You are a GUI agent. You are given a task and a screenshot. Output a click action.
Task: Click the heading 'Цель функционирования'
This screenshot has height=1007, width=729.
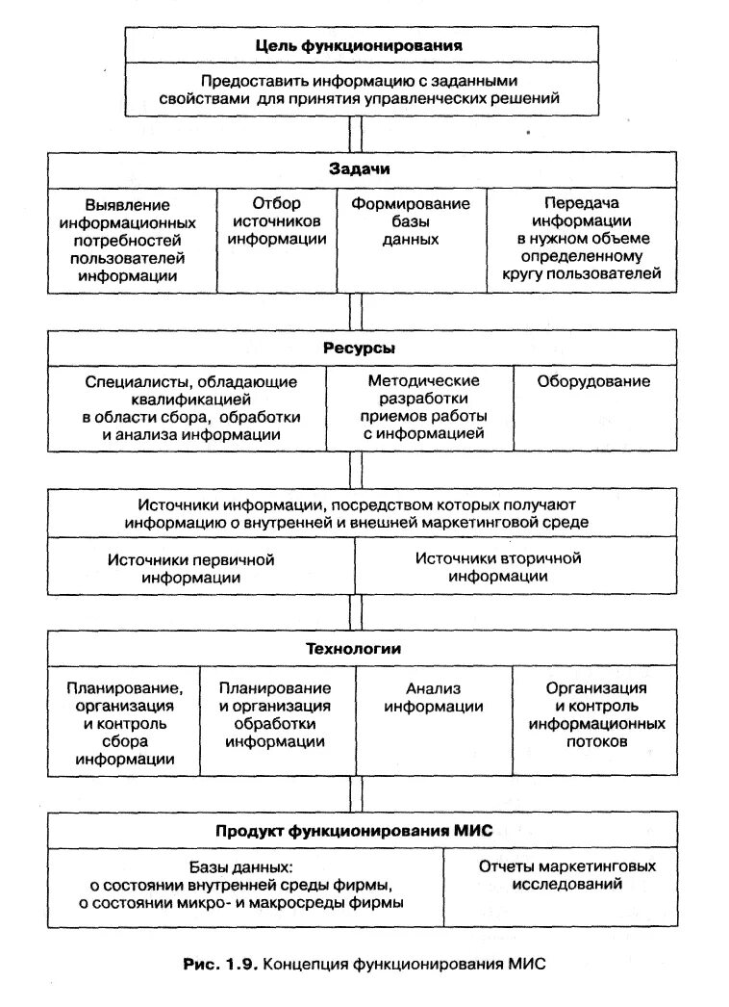[359, 45]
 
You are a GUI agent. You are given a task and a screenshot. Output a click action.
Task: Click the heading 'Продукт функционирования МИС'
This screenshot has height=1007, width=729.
[360, 830]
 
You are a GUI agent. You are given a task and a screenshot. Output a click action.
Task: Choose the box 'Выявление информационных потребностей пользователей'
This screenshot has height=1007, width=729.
[133, 240]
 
